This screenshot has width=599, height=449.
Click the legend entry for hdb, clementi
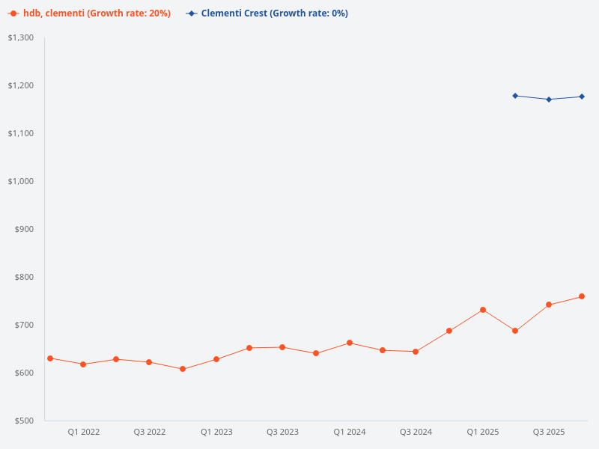90,13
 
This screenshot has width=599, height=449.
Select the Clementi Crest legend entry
267,13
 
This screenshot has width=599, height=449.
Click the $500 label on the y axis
24,421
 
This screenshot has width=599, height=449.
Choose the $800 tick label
24,277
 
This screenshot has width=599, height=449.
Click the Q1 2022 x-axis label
84,432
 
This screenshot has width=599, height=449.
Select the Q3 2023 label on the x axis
282,432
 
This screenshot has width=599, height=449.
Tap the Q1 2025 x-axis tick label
483,432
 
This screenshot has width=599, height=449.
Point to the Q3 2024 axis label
416,432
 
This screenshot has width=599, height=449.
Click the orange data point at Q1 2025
483,310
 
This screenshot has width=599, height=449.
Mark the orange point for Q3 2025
549,305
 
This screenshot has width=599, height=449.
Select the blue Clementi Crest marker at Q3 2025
549,100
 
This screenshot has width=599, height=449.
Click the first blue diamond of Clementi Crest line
515,96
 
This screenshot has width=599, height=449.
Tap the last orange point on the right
582,296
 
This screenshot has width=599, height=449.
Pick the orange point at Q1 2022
83,364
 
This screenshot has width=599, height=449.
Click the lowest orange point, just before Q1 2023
183,369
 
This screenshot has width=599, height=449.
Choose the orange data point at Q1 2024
350,343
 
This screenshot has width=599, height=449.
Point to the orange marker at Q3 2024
416,352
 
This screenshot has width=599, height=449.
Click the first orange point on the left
50,358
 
